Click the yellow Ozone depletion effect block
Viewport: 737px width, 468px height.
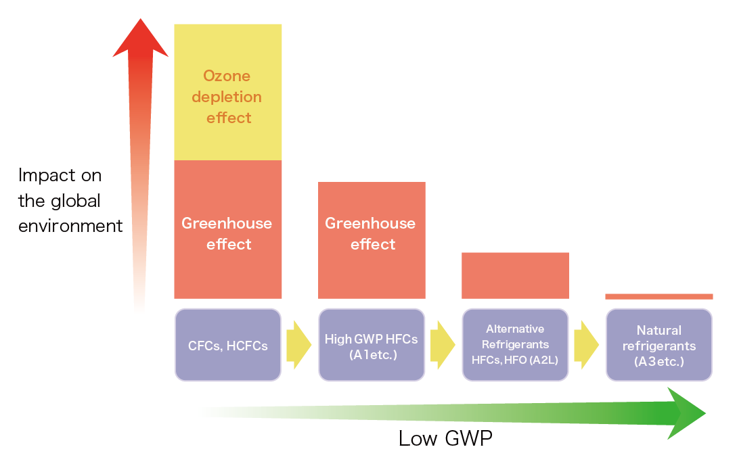(228, 92)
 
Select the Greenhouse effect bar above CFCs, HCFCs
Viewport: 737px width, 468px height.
(228, 230)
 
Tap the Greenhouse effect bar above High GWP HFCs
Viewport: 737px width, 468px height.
(372, 240)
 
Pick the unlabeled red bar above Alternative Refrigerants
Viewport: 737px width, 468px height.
(515, 275)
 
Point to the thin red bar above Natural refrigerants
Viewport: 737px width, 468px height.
(658, 296)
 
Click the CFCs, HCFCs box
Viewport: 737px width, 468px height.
(228, 345)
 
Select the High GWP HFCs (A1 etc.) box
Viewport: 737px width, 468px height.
(372, 345)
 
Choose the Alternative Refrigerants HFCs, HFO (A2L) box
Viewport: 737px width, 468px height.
(515, 345)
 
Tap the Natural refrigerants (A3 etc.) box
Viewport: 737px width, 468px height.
(658, 345)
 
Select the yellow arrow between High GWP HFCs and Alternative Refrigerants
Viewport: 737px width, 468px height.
(443, 345)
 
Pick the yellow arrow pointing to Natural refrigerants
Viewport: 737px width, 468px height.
(586, 345)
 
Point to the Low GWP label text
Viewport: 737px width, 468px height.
(445, 439)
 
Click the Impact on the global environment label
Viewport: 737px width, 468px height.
(70, 201)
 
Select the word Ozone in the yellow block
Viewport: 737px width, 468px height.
(227, 76)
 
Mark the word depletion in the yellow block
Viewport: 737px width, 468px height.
(227, 97)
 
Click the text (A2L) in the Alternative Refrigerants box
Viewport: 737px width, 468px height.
(543, 360)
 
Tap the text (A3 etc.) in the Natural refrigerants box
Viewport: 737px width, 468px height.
(658, 362)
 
